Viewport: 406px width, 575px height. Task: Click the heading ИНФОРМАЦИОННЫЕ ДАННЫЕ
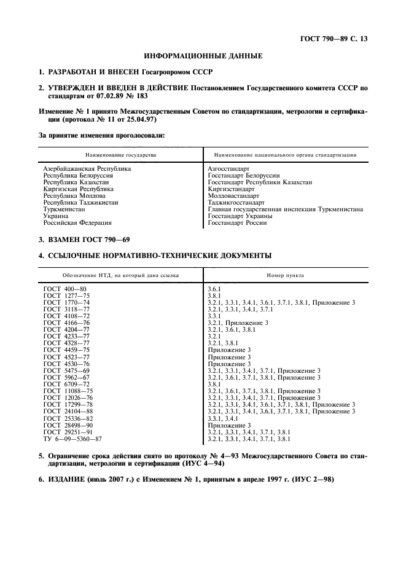pyautogui.click(x=203, y=57)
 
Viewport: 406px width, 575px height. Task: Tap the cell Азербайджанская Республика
pyautogui.click(x=87, y=168)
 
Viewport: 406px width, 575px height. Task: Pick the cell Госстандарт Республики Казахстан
pyautogui.click(x=260, y=182)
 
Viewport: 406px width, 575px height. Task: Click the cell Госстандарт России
pyautogui.click(x=237, y=223)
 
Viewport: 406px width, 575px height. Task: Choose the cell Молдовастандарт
pyautogui.click(x=234, y=196)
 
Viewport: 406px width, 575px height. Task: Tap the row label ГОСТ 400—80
pyautogui.click(x=64, y=288)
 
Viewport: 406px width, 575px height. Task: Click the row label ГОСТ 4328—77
pyautogui.click(x=66, y=343)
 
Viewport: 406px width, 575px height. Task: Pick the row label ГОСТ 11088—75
pyautogui.click(x=68, y=391)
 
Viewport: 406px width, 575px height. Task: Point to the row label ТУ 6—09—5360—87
pyautogui.click(x=72, y=440)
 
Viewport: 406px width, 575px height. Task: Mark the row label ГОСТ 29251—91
pyautogui.click(x=68, y=432)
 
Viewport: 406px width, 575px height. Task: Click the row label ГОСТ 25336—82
pyautogui.click(x=68, y=418)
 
